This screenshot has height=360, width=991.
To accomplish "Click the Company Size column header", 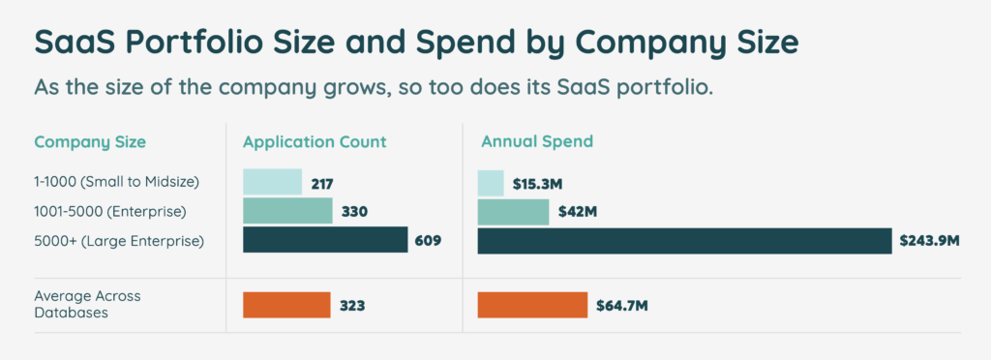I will pyautogui.click(x=90, y=142).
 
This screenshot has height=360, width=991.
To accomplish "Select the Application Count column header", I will pyautogui.click(x=315, y=142).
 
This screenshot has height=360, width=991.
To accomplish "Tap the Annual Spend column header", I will pyautogui.click(x=537, y=142).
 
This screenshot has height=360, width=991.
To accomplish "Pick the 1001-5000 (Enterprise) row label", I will pyautogui.click(x=109, y=211).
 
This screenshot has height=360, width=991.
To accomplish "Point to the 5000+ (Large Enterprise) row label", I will pyautogui.click(x=119, y=240).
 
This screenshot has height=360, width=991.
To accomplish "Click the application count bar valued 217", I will pyautogui.click(x=271, y=182).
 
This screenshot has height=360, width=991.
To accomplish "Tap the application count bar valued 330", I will pyautogui.click(x=287, y=211).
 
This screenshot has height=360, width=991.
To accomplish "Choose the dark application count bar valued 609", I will pyautogui.click(x=325, y=240).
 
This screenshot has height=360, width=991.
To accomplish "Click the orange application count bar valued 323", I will pyautogui.click(x=286, y=305).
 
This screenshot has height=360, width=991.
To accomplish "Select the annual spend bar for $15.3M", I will pyautogui.click(x=491, y=182).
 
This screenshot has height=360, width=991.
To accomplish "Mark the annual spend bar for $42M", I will pyautogui.click(x=513, y=211).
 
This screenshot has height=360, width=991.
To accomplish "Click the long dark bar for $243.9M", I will pyautogui.click(x=684, y=240).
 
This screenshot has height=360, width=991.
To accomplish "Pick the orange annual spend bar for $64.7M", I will pyautogui.click(x=532, y=305).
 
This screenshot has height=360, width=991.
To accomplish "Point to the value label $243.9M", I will pyautogui.click(x=929, y=240).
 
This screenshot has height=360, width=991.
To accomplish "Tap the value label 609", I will pyautogui.click(x=428, y=240).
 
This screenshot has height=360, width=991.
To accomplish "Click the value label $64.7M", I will pyautogui.click(x=621, y=306).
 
